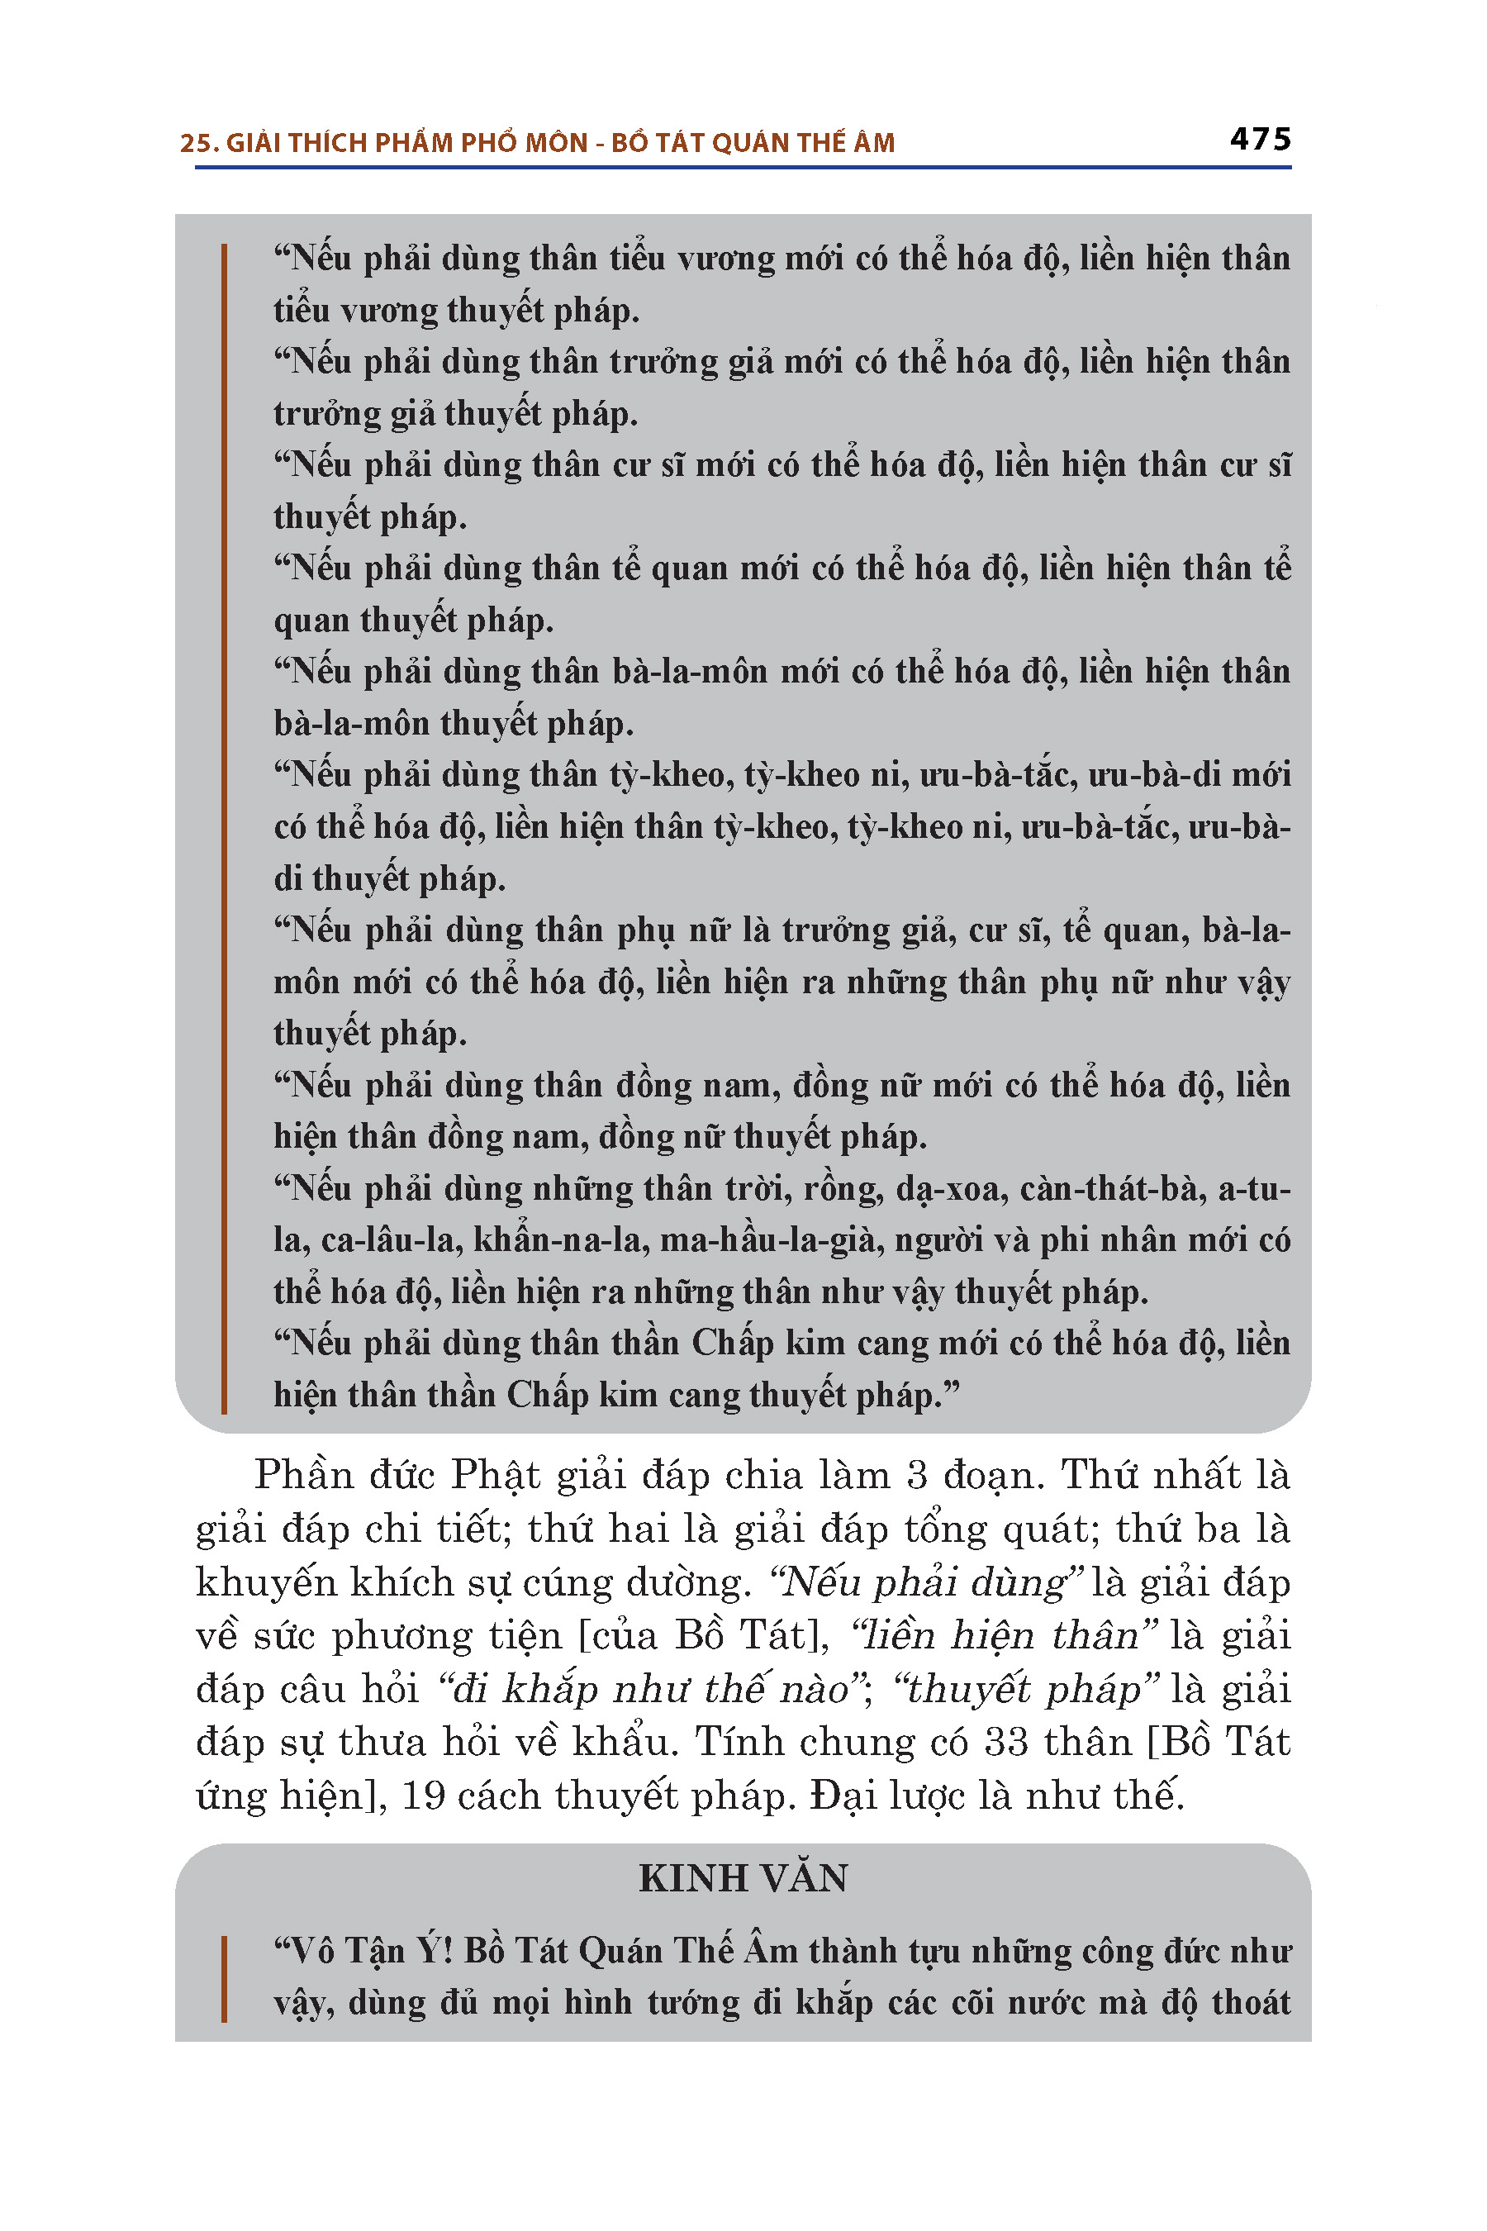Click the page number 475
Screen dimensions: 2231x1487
click(x=1259, y=140)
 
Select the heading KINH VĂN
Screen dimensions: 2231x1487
click(x=743, y=1878)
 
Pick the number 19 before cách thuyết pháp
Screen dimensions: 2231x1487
click(x=423, y=1796)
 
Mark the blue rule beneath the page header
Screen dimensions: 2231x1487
click(x=743, y=168)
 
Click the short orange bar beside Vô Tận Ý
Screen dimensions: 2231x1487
click(x=225, y=1979)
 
